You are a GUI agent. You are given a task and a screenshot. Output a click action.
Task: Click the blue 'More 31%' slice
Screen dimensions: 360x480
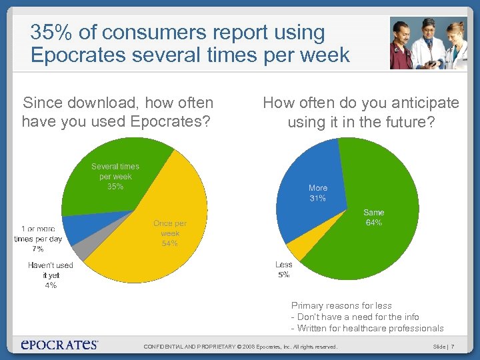coord(313,193)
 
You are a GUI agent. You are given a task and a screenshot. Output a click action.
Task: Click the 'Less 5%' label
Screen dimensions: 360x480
coord(283,269)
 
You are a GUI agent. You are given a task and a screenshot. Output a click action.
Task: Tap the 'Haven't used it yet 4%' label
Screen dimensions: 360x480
coord(51,275)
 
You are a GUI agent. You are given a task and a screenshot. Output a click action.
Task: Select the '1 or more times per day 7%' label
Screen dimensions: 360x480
coord(38,239)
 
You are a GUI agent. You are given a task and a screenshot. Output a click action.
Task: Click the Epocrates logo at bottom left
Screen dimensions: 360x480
coord(59,345)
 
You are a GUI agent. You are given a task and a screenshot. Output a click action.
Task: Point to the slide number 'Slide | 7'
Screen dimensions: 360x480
coord(443,347)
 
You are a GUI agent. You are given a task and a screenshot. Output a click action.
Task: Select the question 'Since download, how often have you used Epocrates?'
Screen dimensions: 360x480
coord(118,112)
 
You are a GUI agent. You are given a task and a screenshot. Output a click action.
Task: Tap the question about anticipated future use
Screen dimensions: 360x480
coord(361,112)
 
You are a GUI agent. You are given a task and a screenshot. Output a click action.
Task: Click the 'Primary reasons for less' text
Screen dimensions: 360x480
coord(341,305)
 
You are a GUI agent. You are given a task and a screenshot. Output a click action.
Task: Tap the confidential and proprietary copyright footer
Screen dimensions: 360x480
coord(241,347)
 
